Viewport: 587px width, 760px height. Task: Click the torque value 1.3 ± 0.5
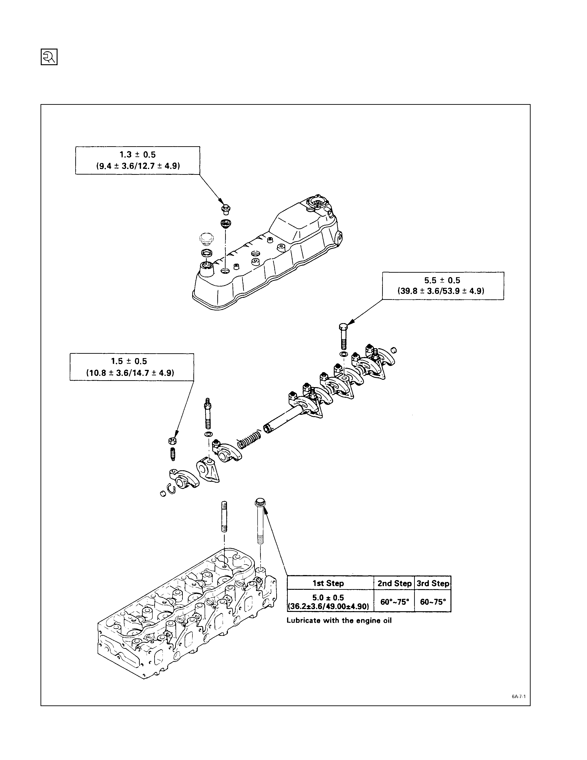(138, 155)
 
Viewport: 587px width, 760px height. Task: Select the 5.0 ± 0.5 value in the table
(328, 597)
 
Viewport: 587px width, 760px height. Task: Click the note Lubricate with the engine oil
(339, 620)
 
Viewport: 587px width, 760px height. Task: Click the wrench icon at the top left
(49, 57)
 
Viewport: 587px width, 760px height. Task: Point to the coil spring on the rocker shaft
(249, 439)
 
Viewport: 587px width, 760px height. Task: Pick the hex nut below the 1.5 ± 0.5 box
(171, 441)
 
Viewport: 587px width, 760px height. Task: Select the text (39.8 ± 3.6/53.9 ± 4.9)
(441, 291)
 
